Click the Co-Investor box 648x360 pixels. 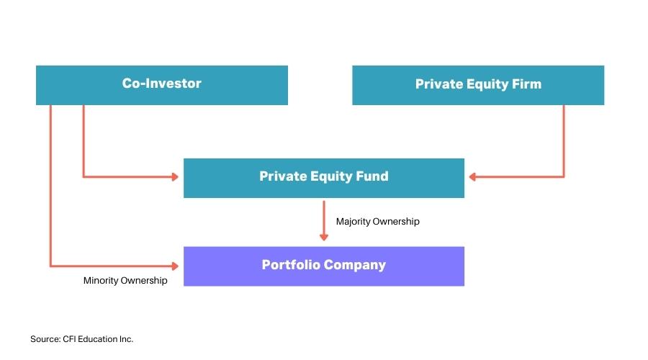161,85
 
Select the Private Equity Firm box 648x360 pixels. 478,85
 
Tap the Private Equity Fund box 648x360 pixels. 324,178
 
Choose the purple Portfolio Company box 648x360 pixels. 324,266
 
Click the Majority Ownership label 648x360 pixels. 378,222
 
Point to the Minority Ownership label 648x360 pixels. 125,281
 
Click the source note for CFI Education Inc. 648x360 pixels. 82,339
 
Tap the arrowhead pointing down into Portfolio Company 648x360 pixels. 324,238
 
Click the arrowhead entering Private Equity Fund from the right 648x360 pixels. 472,177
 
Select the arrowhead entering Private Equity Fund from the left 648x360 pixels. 175,177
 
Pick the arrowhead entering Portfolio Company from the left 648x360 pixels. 175,266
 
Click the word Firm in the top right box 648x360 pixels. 526,84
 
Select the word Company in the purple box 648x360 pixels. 355,265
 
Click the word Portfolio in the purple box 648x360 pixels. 291,264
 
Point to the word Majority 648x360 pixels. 354,222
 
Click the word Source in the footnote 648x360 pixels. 45,339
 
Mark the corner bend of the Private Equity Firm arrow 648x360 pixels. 564,177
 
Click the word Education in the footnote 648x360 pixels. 97,339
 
